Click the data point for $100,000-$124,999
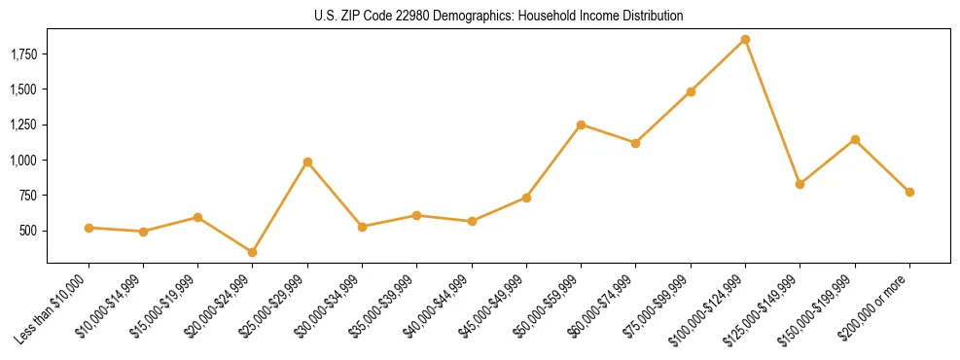(745, 39)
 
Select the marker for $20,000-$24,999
(253, 252)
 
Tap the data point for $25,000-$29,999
(307, 162)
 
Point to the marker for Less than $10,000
(89, 228)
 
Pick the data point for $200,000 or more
(909, 192)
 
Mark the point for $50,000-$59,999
(581, 125)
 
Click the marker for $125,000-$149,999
(800, 184)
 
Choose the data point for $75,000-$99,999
(691, 91)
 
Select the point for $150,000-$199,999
(855, 139)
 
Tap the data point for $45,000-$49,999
(526, 198)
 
